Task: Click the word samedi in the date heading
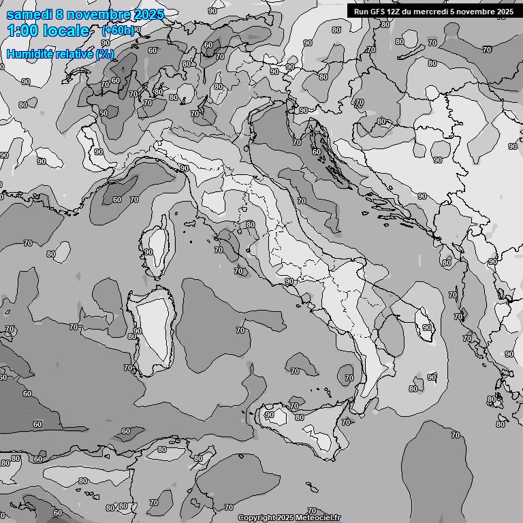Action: pos(30,15)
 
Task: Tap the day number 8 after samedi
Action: pos(61,15)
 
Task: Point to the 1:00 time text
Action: pos(22,31)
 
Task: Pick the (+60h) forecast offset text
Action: pos(118,31)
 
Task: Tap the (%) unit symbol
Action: pos(105,54)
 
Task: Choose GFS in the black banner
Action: pos(380,11)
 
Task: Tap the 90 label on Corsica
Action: pos(148,252)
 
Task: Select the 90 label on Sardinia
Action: pos(138,331)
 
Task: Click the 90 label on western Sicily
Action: pos(270,415)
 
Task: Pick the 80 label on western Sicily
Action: pos(299,417)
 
